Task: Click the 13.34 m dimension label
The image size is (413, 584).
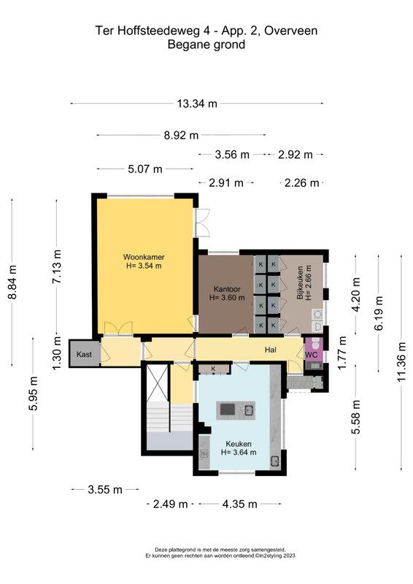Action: (197, 104)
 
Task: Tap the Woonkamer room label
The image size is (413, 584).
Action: (144, 257)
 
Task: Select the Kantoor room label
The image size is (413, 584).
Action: (227, 289)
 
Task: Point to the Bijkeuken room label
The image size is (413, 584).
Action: (300, 283)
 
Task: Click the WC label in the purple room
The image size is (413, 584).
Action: (312, 355)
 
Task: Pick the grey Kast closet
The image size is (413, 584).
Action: (84, 353)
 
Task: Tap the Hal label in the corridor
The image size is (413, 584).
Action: (271, 350)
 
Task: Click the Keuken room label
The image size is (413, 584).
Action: (239, 444)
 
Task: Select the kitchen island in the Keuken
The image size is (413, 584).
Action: (236, 410)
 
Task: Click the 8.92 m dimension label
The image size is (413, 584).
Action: (182, 135)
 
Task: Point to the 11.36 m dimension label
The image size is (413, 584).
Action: (401, 361)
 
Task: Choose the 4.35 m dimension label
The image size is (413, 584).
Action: (240, 504)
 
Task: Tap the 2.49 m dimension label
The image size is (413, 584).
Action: (171, 504)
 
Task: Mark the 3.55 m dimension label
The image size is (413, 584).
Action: (105, 489)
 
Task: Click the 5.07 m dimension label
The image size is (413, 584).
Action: (145, 169)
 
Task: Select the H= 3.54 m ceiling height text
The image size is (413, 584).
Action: (144, 266)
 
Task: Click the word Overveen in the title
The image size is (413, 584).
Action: (291, 31)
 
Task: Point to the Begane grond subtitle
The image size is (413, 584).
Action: (206, 45)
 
